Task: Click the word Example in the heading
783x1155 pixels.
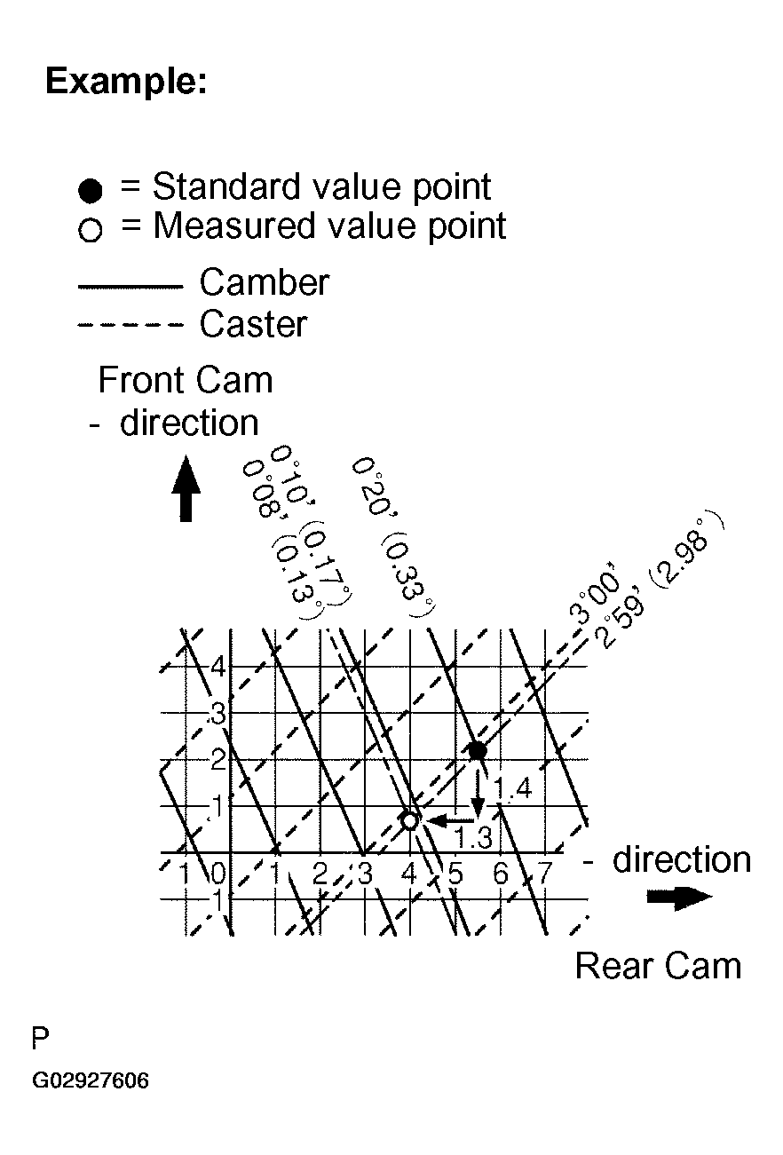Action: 125,83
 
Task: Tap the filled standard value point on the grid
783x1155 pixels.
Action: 478,750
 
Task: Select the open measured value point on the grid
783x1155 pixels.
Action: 409,820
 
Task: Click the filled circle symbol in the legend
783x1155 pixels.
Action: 91,190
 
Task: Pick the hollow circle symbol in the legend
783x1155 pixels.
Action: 91,231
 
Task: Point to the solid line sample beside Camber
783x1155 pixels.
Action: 130,287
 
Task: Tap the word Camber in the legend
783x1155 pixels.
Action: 264,283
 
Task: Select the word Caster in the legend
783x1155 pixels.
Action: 253,324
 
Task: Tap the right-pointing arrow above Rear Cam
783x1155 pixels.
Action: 679,898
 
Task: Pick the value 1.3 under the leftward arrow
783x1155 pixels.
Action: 473,836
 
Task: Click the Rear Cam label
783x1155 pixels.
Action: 658,966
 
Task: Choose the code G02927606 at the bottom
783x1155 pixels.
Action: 91,1081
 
